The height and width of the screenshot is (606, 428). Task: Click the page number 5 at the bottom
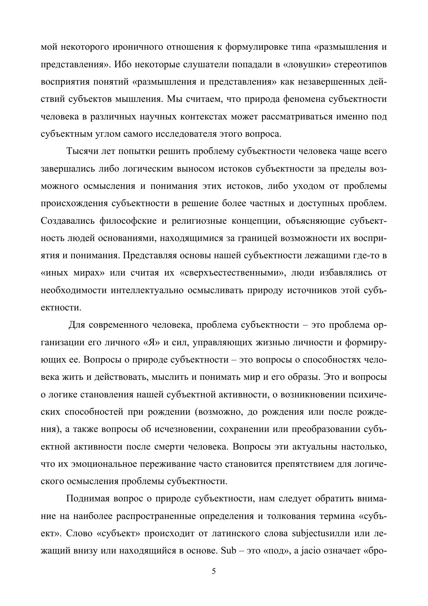213,571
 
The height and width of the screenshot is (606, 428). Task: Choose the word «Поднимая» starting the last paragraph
88,499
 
